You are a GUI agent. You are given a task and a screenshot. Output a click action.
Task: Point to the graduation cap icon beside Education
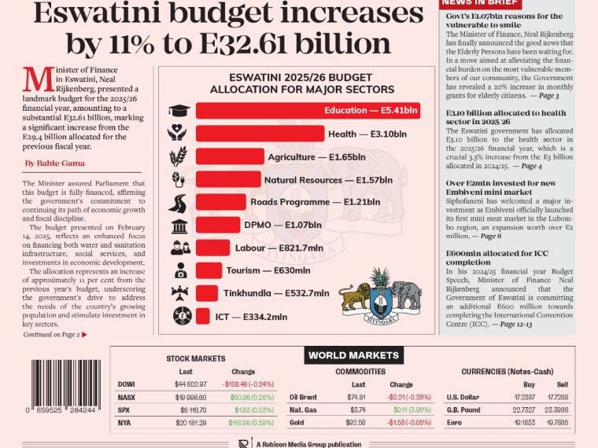point(179,110)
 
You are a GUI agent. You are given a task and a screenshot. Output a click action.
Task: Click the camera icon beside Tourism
point(179,271)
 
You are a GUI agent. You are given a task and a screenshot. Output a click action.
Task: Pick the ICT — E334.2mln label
point(251,318)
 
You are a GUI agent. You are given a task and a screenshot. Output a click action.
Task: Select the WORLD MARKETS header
point(353,355)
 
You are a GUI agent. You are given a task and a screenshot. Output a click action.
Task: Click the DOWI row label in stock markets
point(126,384)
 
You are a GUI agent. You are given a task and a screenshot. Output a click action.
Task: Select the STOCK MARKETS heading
point(195,358)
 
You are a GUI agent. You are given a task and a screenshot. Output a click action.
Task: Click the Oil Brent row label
point(303,397)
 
